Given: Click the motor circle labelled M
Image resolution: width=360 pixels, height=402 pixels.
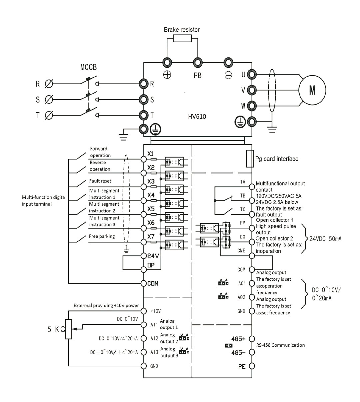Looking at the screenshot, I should [312, 90].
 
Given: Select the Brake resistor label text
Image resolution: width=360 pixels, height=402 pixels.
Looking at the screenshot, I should [182, 30].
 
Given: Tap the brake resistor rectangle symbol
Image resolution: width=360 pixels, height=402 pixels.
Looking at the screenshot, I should [182, 39].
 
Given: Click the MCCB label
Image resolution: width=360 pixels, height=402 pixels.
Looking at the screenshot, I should [88, 67].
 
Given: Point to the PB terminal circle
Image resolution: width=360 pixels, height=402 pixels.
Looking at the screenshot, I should [197, 63].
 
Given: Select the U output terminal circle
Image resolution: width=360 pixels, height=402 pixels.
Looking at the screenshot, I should [252, 74].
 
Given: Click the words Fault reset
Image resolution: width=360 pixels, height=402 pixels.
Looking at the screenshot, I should [100, 181].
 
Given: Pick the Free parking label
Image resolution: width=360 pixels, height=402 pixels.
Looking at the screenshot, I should [102, 236].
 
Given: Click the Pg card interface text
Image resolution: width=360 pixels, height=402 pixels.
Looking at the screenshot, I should [277, 159].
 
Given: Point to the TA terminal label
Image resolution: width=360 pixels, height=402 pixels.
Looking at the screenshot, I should [243, 182].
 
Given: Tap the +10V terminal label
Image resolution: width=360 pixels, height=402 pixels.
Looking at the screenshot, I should [155, 311].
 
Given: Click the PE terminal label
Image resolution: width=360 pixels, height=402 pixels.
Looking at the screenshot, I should [242, 366].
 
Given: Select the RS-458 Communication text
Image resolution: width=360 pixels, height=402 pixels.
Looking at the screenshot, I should [280, 345].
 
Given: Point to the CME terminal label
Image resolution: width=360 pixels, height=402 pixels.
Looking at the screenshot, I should [242, 251].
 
